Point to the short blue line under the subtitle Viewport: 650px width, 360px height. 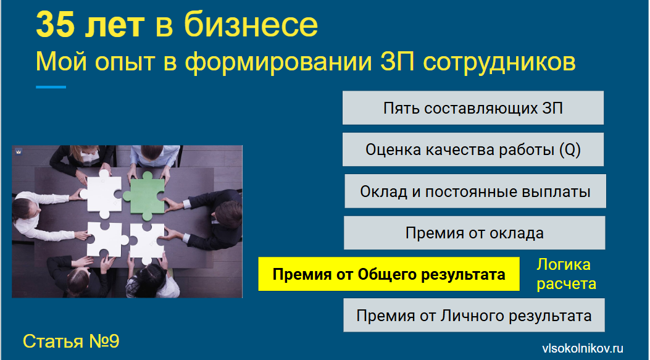tap(51, 87)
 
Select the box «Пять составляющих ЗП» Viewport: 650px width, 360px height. tap(473, 108)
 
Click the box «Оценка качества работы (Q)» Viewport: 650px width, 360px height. tap(473, 149)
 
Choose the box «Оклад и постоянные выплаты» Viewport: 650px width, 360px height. tap(475, 191)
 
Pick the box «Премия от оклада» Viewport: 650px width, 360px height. tap(474, 233)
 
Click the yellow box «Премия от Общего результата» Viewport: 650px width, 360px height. tap(389, 274)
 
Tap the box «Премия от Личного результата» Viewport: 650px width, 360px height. tap(474, 315)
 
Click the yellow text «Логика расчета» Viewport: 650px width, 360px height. tap(566, 274)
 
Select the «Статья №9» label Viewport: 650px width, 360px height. tap(71, 341)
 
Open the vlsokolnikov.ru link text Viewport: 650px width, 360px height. tap(583, 348)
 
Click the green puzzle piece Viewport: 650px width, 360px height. tap(144, 195)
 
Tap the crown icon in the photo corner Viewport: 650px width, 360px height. tap(19, 152)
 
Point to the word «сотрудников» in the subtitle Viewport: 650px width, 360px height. tap(499, 62)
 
